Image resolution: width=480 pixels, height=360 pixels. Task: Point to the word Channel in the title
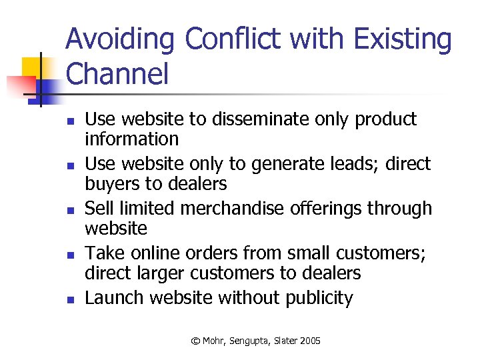117,75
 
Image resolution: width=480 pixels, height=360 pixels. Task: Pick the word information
132,139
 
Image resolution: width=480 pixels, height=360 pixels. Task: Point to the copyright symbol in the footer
195,341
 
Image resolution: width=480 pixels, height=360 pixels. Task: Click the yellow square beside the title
32,67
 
